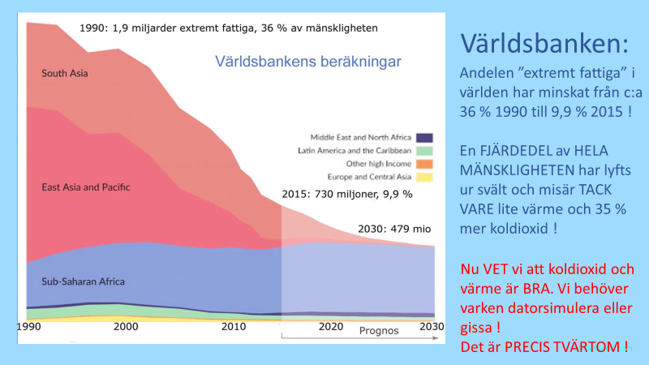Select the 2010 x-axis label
pyautogui.click(x=234, y=326)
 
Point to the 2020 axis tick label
pyautogui.click(x=330, y=326)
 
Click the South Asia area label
pyautogui.click(x=64, y=74)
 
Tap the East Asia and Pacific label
pyautogui.click(x=85, y=187)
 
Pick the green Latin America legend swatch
pyautogui.click(x=424, y=150)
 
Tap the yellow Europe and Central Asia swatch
pyautogui.click(x=424, y=177)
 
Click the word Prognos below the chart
pyautogui.click(x=380, y=331)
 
